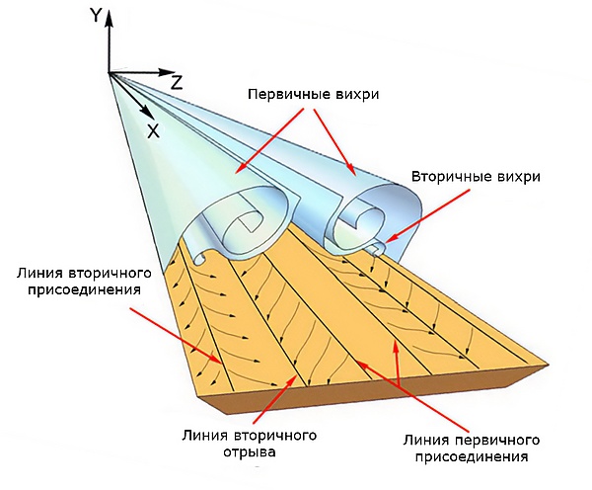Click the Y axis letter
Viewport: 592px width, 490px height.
(x=96, y=14)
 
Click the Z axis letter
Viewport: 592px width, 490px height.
(x=176, y=80)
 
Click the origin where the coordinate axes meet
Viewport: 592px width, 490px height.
(x=110, y=73)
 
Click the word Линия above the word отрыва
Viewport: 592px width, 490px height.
(x=205, y=435)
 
